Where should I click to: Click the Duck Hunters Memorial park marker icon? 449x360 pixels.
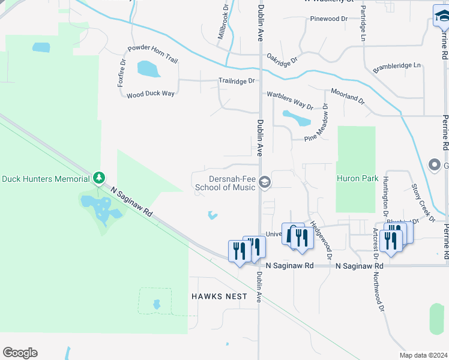click(x=99, y=178)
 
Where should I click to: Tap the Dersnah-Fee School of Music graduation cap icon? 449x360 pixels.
click(x=265, y=181)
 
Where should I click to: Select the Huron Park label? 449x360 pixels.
click(x=357, y=178)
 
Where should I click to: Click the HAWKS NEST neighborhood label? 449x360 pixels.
click(x=215, y=296)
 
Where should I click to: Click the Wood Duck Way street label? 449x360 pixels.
click(x=150, y=94)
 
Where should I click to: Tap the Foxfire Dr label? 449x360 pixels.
click(x=122, y=73)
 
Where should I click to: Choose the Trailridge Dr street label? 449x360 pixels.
click(x=237, y=80)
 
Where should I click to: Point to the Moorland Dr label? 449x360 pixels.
click(x=348, y=95)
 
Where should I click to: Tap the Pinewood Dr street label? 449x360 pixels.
click(x=329, y=19)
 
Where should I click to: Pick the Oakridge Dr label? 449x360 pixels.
click(x=283, y=58)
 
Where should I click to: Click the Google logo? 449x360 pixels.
click(x=20, y=353)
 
